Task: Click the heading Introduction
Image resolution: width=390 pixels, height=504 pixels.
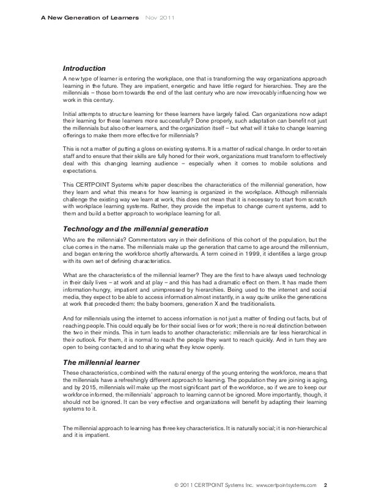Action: (85, 68)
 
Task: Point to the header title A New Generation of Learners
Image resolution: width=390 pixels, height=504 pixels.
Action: (89, 16)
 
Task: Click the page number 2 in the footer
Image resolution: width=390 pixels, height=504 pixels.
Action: (325, 485)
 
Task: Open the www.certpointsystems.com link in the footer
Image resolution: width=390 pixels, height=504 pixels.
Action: (287, 485)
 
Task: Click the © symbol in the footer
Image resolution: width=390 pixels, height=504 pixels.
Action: (177, 485)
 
